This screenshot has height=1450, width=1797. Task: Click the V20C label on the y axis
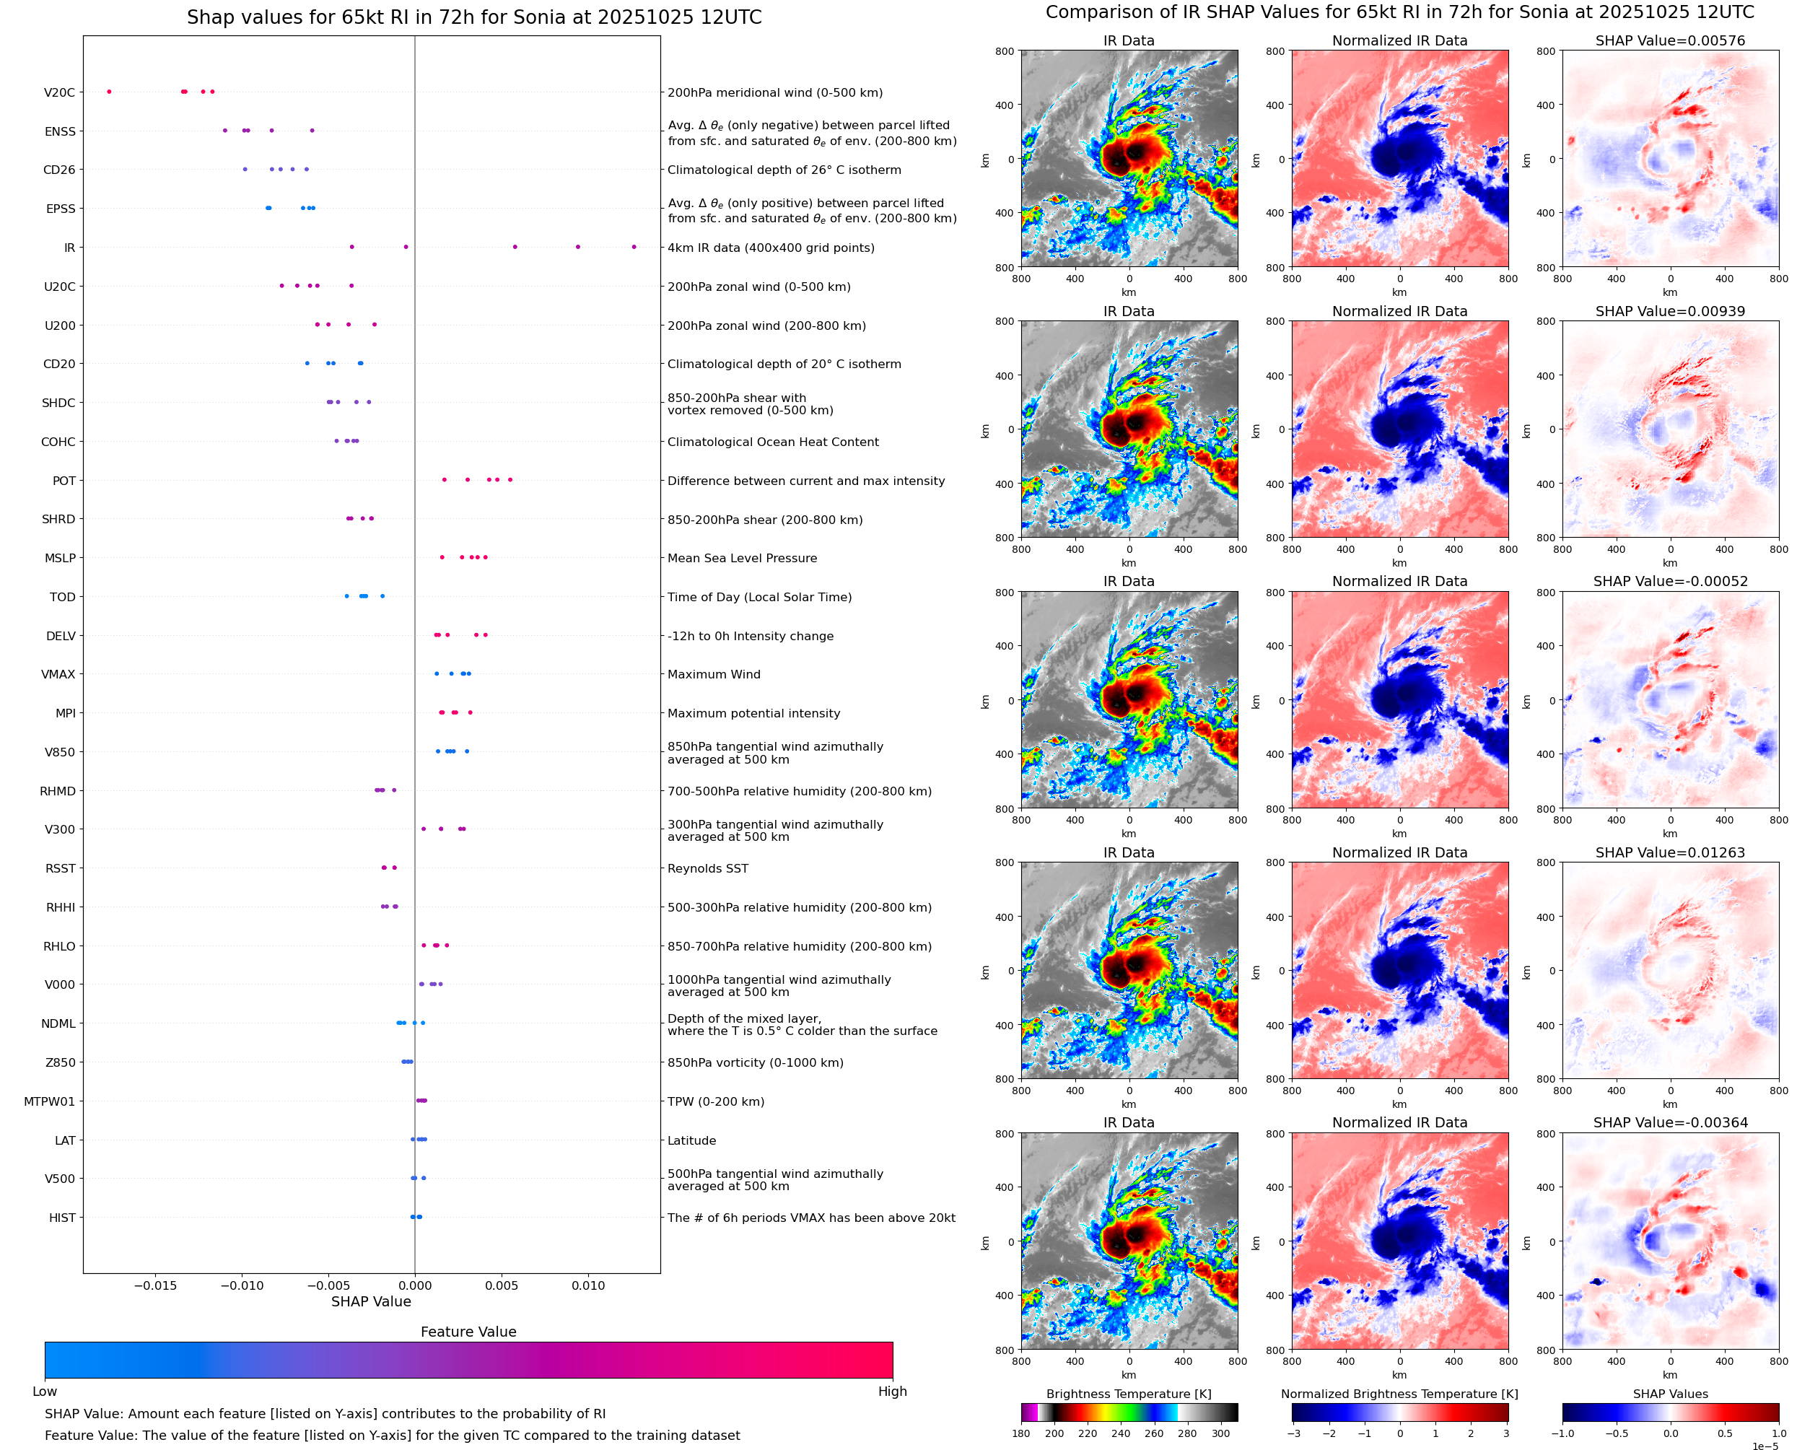[x=59, y=92]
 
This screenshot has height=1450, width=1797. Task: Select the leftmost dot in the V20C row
[x=110, y=92]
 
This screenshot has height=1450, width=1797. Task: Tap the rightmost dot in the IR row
[x=634, y=248]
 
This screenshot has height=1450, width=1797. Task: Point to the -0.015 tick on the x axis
[x=155, y=1285]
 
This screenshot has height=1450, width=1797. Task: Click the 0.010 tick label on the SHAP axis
[x=588, y=1285]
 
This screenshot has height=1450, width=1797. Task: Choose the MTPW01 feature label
[x=49, y=1101]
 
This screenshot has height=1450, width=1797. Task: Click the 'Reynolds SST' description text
[x=707, y=869]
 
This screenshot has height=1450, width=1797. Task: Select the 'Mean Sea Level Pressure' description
[x=741, y=558]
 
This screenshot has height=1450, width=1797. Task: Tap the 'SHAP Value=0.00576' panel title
[x=1669, y=41]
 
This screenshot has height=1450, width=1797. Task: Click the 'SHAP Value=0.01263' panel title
[x=1669, y=853]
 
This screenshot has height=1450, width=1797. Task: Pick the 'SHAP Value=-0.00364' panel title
[x=1669, y=1122]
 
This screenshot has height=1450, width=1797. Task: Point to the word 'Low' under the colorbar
[x=45, y=1392]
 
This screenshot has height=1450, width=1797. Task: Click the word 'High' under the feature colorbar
[x=892, y=1392]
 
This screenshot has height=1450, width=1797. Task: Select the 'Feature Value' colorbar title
[x=468, y=1332]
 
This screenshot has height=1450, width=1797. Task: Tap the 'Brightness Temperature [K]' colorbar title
[x=1128, y=1394]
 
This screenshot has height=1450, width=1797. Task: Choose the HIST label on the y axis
[x=62, y=1218]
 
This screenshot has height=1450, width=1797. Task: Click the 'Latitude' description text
[x=691, y=1141]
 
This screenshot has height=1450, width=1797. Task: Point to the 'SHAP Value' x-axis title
[x=371, y=1301]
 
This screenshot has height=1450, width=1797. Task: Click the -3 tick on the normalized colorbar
[x=1293, y=1433]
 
